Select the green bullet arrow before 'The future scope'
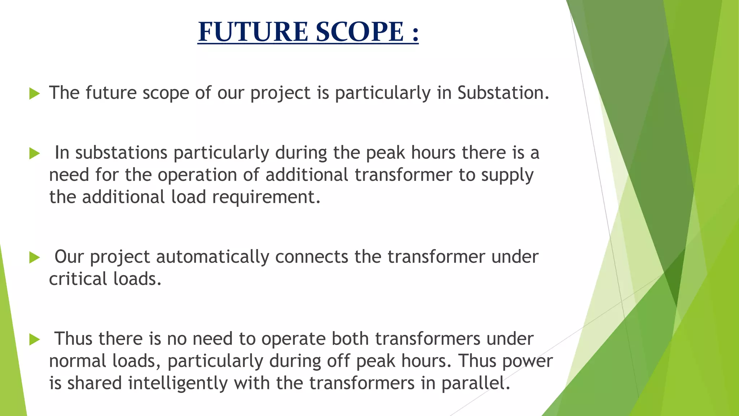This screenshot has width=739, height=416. tap(34, 94)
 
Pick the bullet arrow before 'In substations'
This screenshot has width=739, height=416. tap(34, 153)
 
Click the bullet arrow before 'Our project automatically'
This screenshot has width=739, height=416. tap(34, 257)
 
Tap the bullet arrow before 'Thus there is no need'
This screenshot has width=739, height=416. tap(34, 339)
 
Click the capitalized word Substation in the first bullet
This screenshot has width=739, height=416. tap(503, 93)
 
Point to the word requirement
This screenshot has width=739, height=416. tap(266, 198)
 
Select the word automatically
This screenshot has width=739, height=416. tap(213, 257)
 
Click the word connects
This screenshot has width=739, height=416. tap(311, 257)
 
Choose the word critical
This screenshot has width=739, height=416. tap(78, 279)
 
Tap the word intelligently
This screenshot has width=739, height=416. tap(178, 383)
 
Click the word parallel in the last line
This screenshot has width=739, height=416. tap(475, 383)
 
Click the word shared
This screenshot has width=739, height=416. tap(95, 383)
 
